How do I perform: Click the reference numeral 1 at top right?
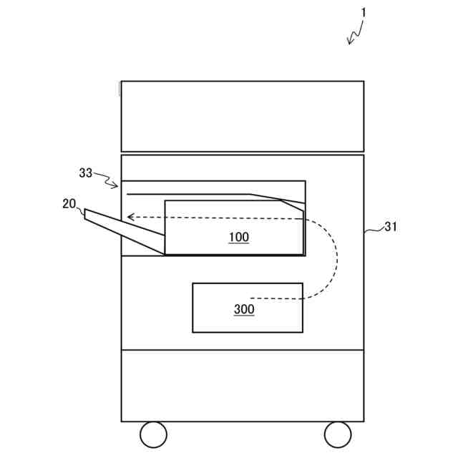coord(364,12)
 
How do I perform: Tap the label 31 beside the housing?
coord(391,227)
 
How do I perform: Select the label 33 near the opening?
coord(86,172)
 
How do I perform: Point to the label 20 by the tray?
coord(69,203)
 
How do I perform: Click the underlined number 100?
coord(239,237)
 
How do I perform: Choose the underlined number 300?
coord(244,309)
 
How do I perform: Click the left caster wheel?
coord(153,434)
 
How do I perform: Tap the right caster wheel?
coord(338,434)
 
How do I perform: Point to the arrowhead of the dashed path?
coord(130,216)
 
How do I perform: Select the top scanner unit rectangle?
coord(242,116)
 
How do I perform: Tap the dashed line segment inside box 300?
coord(276,298)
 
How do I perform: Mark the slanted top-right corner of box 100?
coord(293,205)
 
